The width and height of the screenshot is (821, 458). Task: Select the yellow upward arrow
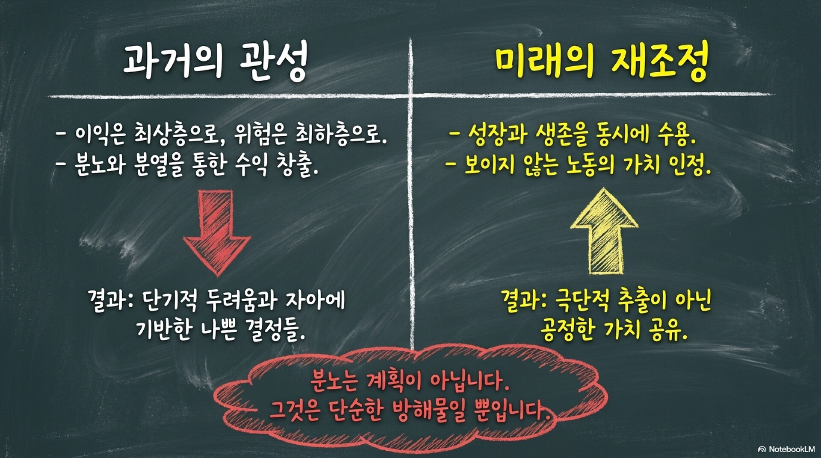pyautogui.click(x=604, y=231)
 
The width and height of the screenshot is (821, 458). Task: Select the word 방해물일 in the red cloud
pyautogui.click(x=428, y=411)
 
